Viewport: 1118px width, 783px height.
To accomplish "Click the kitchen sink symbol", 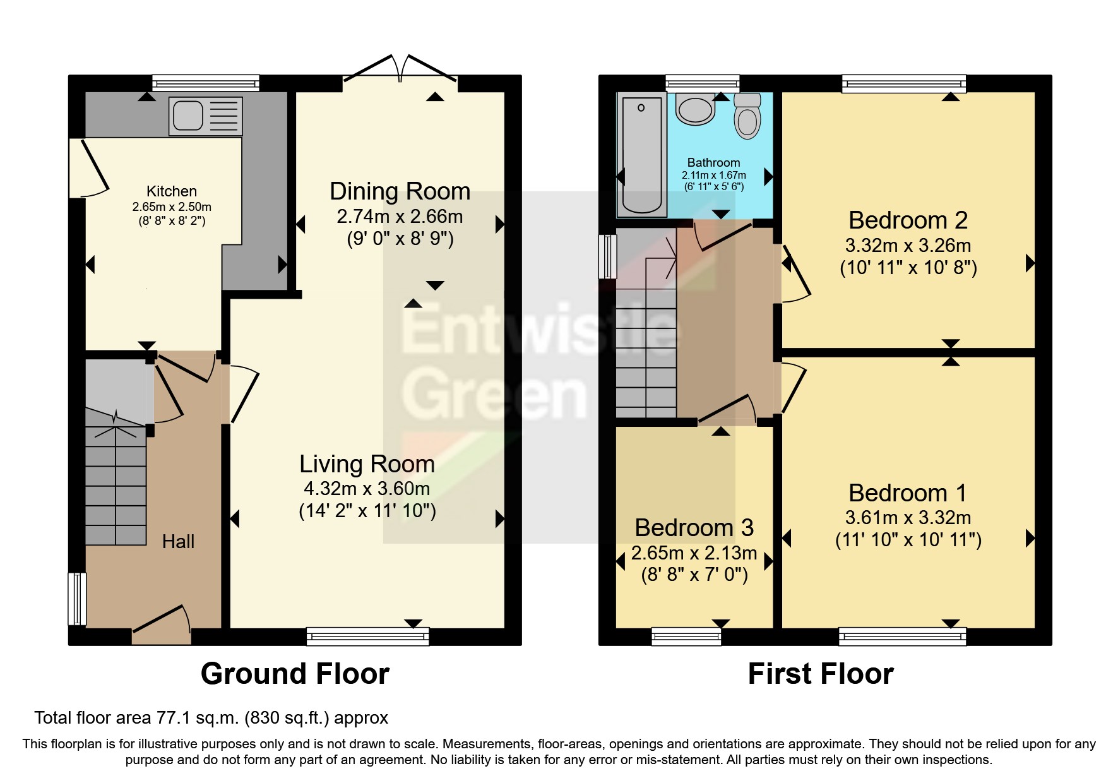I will [205, 116].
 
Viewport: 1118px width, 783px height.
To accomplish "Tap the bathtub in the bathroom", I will [641, 155].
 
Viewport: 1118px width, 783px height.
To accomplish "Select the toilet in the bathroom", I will [747, 116].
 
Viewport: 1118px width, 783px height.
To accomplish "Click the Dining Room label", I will [400, 191].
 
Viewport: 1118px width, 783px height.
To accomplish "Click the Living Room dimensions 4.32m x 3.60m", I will [367, 488].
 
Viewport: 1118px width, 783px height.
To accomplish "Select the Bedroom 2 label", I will [908, 220].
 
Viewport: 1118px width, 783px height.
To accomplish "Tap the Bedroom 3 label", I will [694, 528].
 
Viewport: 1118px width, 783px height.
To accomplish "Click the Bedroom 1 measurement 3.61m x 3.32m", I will [908, 518].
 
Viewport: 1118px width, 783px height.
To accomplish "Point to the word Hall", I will [178, 542].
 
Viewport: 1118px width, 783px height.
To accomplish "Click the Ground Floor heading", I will [295, 674].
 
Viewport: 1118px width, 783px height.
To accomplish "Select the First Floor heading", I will [820, 674].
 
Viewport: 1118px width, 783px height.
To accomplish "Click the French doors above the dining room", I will [400, 69].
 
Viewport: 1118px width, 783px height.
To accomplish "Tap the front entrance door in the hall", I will [161, 625].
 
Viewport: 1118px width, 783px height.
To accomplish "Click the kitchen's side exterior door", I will [88, 167].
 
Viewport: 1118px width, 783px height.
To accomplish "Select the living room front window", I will [367, 636].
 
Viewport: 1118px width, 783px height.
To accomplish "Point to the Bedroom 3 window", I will [686, 636].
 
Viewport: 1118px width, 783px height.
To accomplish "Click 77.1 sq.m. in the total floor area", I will [196, 718].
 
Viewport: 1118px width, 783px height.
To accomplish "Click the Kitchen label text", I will [172, 191].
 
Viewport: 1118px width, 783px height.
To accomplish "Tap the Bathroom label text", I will [713, 162].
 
